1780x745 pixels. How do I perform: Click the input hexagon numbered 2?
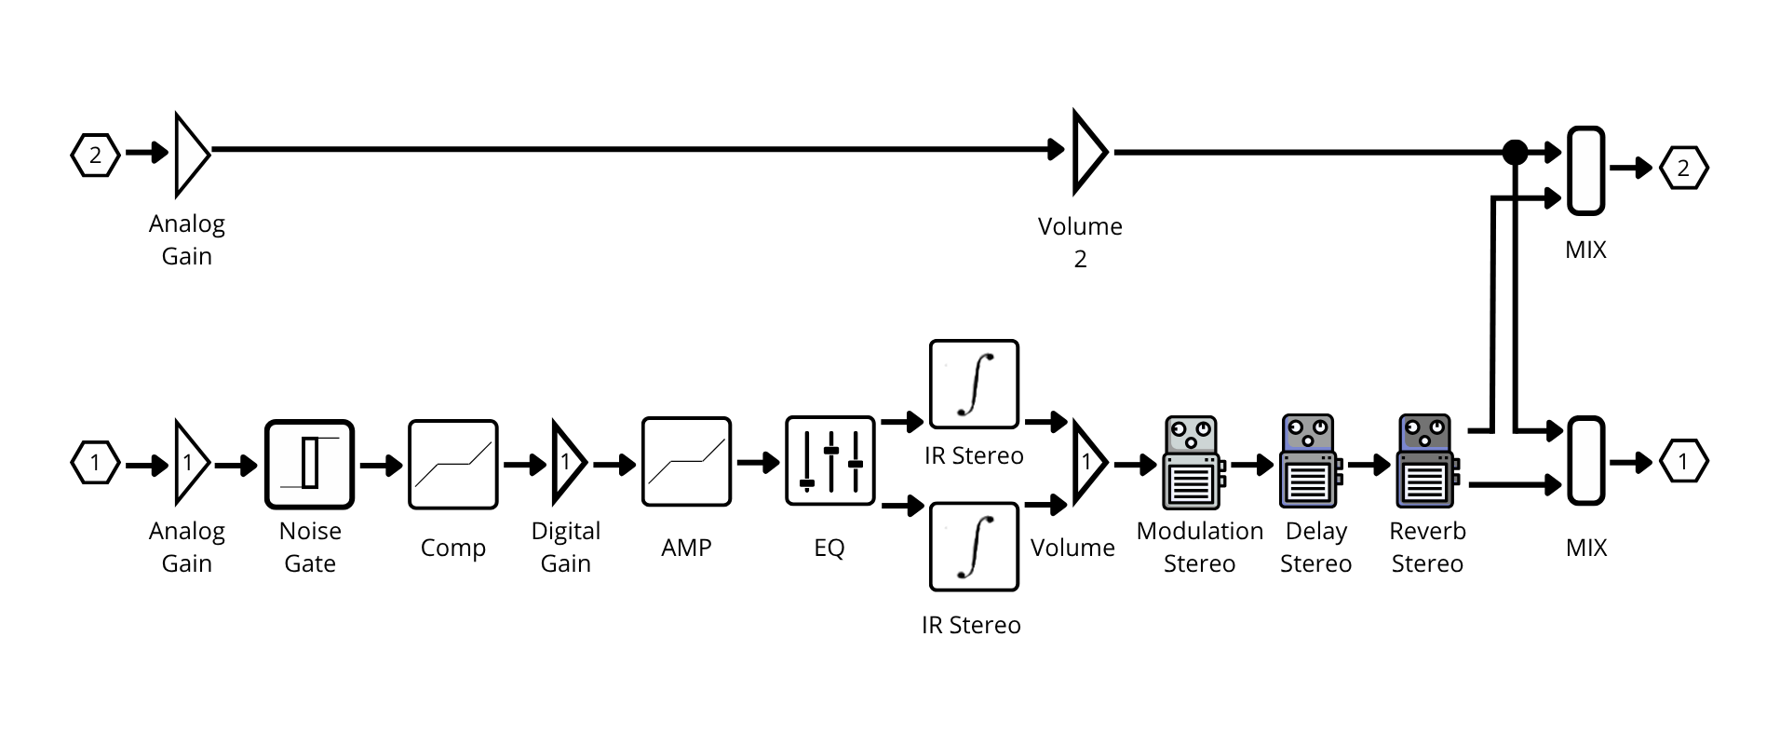point(95,155)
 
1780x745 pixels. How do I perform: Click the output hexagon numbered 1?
point(1682,462)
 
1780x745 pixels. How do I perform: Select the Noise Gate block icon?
point(309,464)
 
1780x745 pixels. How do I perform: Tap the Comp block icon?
point(452,464)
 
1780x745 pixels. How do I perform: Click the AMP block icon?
point(686,461)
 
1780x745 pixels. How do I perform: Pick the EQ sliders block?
point(829,461)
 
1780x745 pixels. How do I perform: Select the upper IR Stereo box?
point(974,384)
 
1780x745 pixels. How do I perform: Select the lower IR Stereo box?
point(974,547)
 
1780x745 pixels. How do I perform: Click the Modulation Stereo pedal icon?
point(1193,463)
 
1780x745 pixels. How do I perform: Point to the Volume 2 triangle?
point(1087,151)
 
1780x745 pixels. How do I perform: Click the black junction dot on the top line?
point(1516,151)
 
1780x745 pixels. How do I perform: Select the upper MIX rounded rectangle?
point(1585,170)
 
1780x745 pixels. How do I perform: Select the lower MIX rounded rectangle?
point(1585,461)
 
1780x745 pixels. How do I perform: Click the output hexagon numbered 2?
point(1682,169)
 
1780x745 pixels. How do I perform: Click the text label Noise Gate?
point(310,547)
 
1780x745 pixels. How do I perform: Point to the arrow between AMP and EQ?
point(758,462)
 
